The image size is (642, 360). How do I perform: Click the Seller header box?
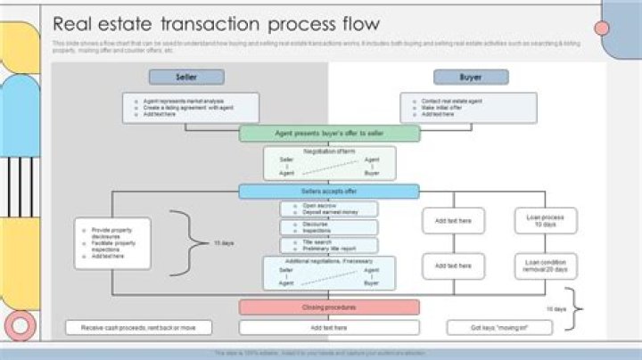tap(186, 78)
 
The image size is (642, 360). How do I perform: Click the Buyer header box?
tap(471, 78)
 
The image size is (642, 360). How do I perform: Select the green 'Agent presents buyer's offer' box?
tap(329, 134)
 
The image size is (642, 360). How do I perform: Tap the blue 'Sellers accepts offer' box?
tap(329, 192)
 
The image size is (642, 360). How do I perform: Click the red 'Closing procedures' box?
tap(329, 307)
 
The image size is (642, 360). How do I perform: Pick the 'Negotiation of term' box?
tap(329, 163)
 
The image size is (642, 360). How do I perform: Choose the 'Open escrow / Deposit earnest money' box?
tap(329, 209)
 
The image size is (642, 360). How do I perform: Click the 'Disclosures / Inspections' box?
tap(329, 227)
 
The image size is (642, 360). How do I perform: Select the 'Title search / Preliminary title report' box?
tap(329, 245)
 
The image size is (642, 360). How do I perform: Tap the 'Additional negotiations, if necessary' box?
tap(329, 273)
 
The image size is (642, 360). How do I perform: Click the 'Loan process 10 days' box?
tap(546, 221)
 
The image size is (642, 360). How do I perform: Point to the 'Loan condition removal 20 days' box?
tap(546, 266)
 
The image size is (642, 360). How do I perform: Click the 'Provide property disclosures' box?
tap(113, 243)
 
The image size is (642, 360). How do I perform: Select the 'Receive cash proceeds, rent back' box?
tap(138, 328)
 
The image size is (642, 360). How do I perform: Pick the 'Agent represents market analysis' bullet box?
tap(191, 108)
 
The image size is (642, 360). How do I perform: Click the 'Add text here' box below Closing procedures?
tap(329, 328)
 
